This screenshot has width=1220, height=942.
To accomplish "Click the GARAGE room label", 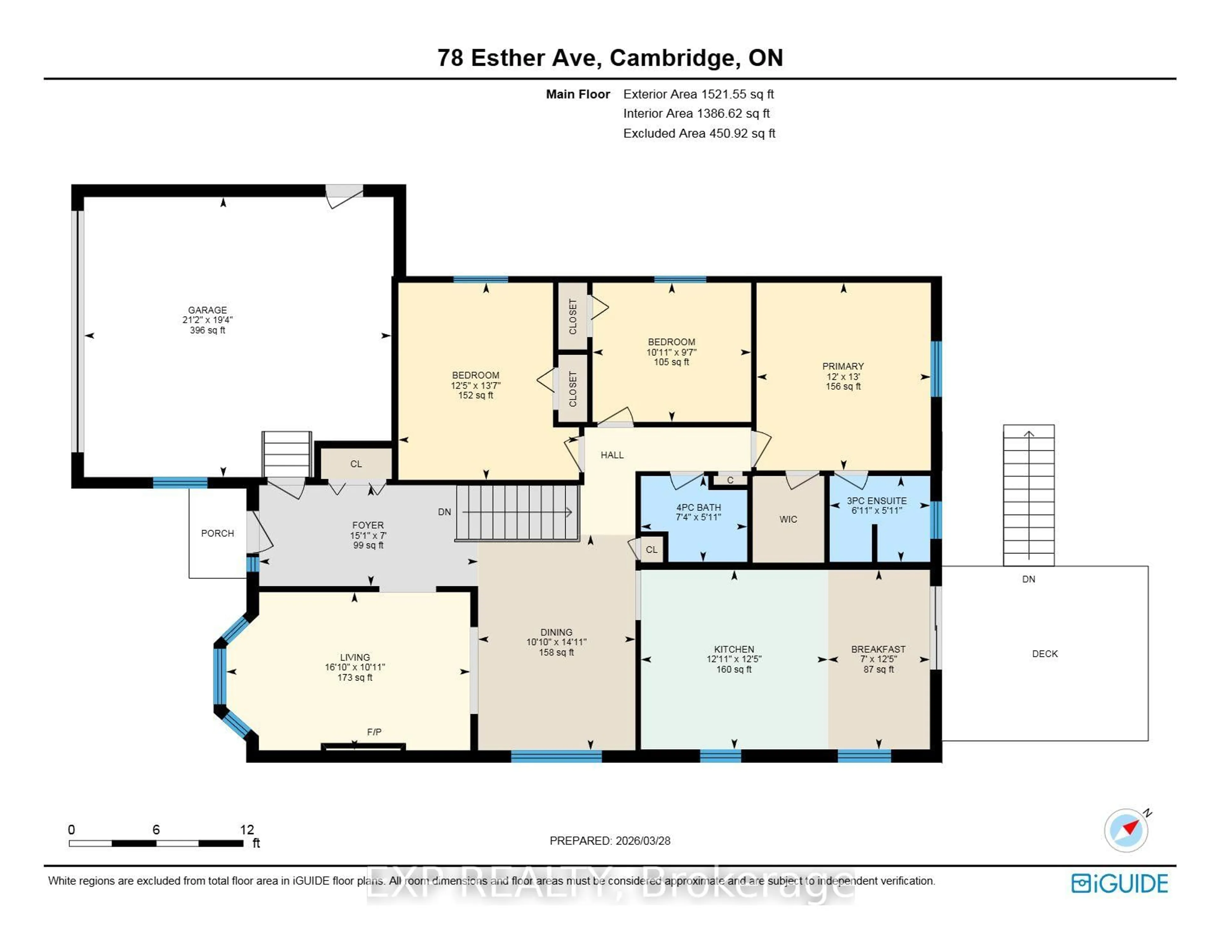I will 207,310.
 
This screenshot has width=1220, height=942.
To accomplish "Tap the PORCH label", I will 217,533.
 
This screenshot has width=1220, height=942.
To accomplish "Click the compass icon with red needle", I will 1126,830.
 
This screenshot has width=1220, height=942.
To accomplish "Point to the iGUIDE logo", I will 1120,883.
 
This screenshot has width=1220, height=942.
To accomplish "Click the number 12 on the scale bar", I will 247,830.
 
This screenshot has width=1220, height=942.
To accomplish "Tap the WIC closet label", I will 788,519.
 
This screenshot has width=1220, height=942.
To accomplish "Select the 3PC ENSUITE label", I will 877,501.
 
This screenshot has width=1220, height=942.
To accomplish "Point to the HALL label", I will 612,455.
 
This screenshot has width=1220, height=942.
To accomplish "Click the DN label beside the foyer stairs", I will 444,512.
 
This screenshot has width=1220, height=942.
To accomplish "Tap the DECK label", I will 1045,654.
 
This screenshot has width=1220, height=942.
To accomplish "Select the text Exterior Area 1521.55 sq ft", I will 698,94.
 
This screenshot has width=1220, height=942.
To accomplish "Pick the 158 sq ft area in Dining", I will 556,652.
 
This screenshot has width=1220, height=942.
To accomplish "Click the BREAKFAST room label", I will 878,649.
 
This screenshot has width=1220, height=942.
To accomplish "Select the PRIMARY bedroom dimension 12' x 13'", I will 843,376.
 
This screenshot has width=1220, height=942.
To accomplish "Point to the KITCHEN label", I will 734,649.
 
